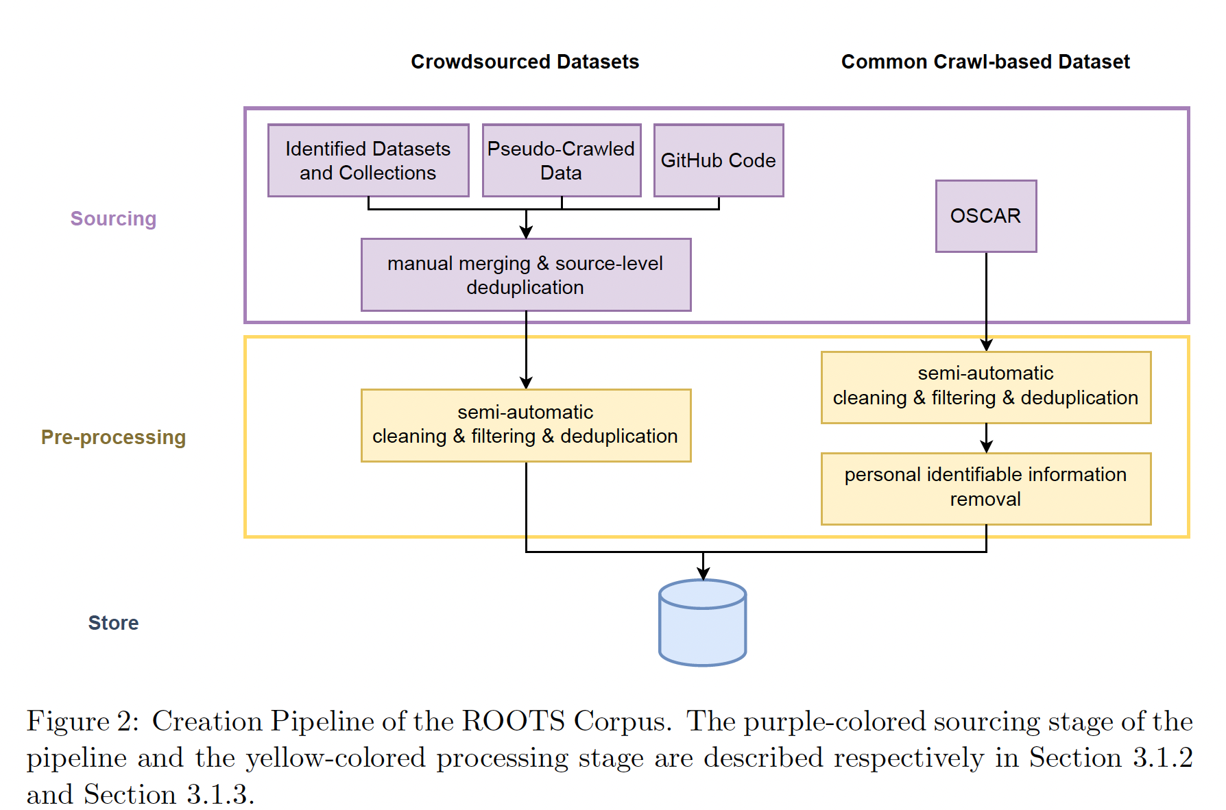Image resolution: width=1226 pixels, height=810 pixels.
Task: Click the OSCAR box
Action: tap(985, 216)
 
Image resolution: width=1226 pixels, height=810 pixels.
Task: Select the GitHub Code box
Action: tap(718, 160)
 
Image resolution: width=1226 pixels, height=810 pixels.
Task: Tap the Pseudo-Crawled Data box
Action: tap(561, 160)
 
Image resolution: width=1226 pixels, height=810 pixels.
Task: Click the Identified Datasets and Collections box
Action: tap(368, 160)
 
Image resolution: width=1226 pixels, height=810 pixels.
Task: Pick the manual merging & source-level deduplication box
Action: tap(525, 275)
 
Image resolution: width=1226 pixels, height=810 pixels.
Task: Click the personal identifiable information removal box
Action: tap(985, 488)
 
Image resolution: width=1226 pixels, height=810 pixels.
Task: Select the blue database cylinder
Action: tap(702, 623)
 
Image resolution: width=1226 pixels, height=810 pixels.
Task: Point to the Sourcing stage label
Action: tap(113, 219)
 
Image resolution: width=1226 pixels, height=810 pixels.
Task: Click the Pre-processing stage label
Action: tap(113, 437)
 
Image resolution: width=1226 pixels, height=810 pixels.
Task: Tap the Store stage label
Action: tap(113, 623)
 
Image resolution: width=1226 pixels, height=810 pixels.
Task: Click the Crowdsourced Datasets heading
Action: tap(525, 62)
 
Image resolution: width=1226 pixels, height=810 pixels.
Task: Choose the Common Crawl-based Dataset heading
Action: tap(985, 62)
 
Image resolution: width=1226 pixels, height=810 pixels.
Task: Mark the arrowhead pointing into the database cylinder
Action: tap(703, 574)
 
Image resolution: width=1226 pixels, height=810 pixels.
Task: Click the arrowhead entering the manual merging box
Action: tap(526, 233)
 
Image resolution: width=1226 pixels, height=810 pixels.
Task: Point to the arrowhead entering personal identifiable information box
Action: tap(986, 447)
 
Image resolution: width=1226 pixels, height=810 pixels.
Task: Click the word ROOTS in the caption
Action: tap(513, 722)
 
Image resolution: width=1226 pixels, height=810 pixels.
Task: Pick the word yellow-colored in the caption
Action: tap(336, 758)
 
